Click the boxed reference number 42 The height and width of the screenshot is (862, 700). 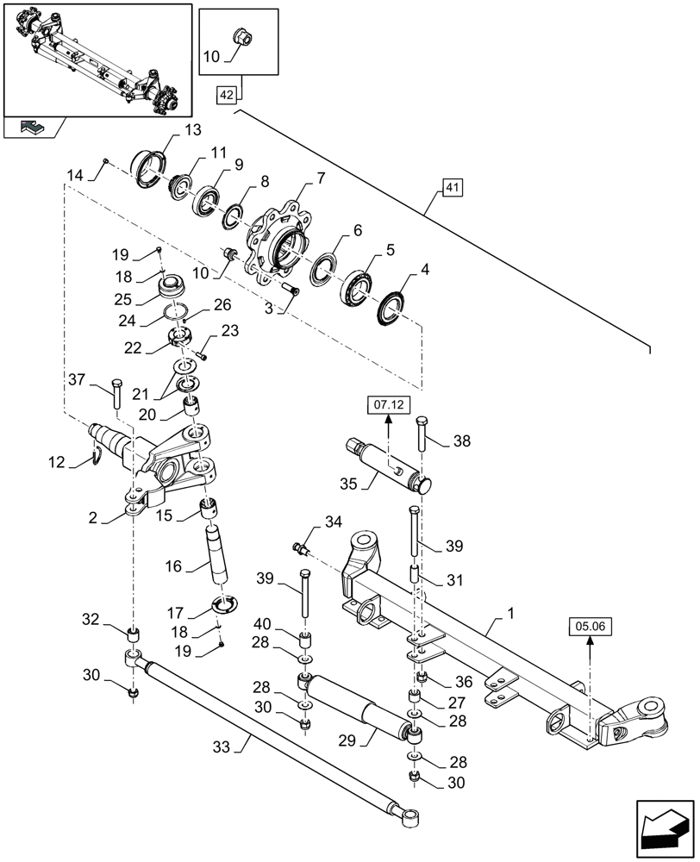pos(227,97)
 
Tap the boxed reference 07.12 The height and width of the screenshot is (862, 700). pos(388,403)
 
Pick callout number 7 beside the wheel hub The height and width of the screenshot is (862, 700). pos(321,178)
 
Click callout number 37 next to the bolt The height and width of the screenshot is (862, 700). pos(77,380)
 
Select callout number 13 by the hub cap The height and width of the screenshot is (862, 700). pos(191,130)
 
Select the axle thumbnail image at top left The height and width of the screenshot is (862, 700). pos(97,58)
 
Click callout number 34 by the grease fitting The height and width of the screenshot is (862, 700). pos(334,521)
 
